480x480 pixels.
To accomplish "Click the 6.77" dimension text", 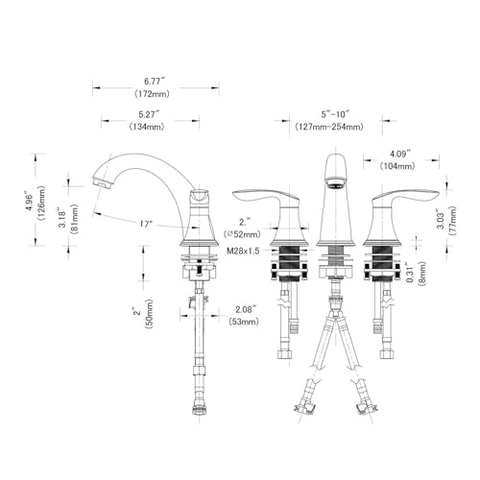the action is [155, 82].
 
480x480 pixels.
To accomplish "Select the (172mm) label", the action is [153, 94].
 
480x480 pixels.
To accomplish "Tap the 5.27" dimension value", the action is [149, 114].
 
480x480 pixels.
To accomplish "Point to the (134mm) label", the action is [147, 127].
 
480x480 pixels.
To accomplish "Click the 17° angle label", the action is [145, 224].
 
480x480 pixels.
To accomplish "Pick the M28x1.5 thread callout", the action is [243, 251].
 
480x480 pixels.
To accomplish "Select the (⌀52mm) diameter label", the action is [243, 234].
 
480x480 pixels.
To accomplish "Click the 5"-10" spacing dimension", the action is [335, 114].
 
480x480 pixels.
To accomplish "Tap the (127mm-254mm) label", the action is [329, 127].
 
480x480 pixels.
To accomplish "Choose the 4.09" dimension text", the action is [400, 154].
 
